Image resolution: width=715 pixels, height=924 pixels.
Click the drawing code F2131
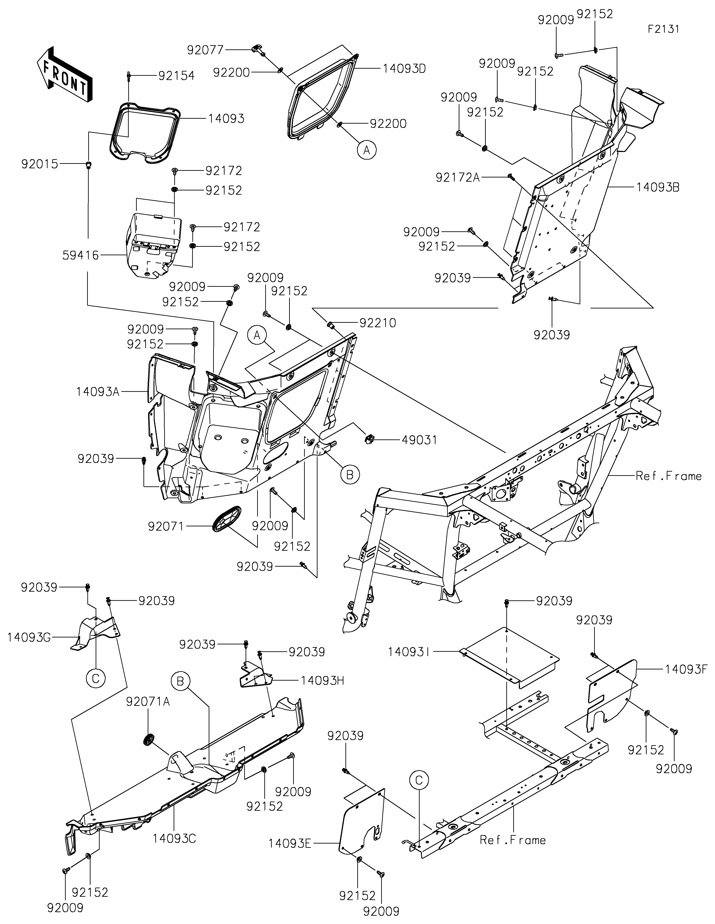(x=663, y=29)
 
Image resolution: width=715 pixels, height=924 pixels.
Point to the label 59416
(x=80, y=255)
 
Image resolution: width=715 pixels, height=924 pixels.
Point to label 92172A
(x=458, y=177)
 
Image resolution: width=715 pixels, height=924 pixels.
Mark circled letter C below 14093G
(x=96, y=678)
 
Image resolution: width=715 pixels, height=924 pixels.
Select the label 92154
(x=176, y=76)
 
